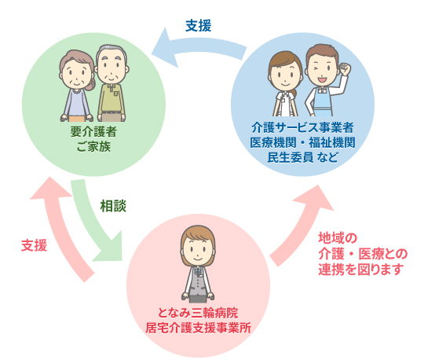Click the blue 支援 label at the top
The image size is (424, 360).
pos(198,26)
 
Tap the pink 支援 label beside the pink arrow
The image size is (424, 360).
pos(35,245)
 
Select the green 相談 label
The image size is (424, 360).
pos(113,206)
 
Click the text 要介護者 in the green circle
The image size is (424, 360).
pos(93,132)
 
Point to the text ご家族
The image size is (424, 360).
pos(93,146)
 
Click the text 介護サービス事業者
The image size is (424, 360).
pos(302,127)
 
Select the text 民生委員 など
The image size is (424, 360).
pos(302,157)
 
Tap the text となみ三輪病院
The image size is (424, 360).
pos(198,313)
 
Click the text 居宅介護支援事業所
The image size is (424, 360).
pos(198,328)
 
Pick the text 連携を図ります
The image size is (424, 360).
pos(360,270)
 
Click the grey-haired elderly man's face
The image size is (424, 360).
pos(111,67)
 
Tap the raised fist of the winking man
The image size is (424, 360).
pos(345,69)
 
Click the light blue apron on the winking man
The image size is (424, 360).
pos(323,101)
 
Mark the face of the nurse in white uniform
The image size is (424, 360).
pos(285,75)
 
